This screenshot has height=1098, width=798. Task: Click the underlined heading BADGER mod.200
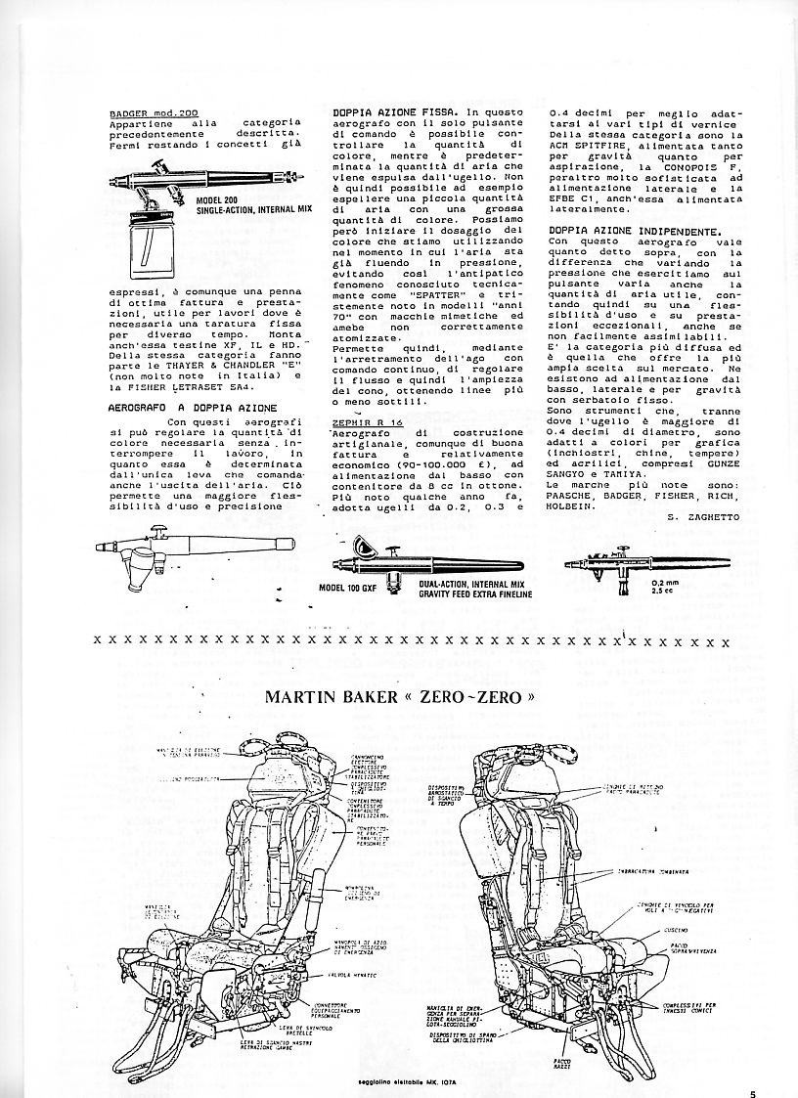155,112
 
